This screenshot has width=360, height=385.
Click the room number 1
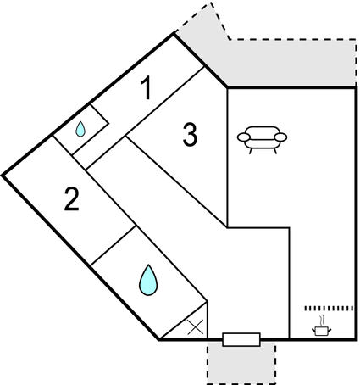[147, 88]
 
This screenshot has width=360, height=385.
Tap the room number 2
[72, 199]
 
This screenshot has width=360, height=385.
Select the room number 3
[190, 135]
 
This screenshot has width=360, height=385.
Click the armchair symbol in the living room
[262, 140]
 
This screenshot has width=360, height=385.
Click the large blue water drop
[148, 281]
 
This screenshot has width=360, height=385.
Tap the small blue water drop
[80, 130]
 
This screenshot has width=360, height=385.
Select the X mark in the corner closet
[196, 327]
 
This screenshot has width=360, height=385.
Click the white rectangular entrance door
[241, 339]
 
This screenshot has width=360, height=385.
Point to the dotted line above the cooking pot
[329, 309]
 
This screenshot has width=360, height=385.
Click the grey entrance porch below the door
[241, 363]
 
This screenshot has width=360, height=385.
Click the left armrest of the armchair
[244, 137]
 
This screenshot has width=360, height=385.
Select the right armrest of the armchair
[280, 137]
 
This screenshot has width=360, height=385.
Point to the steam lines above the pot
[322, 321]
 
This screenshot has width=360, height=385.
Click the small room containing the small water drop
[81, 130]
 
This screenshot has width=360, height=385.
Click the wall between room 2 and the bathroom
[113, 245]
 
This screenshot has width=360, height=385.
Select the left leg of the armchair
[251, 151]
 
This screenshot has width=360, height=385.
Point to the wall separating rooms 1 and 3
[145, 118]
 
